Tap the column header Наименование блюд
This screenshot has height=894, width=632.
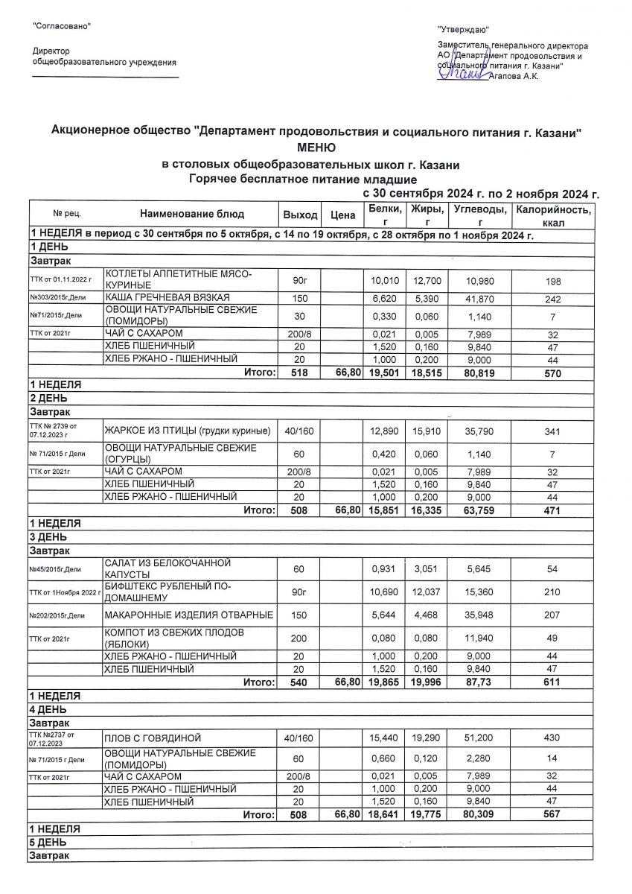pos(191,215)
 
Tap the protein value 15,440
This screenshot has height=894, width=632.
pos(386,738)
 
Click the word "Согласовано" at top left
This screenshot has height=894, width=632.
pos(62,27)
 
